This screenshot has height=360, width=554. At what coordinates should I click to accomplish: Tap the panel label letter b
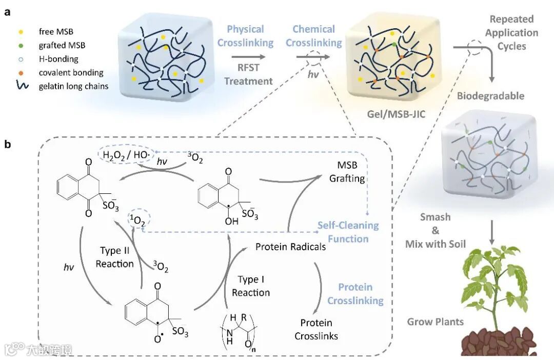point(8,144)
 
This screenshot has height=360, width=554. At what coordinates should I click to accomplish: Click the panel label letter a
point(8,12)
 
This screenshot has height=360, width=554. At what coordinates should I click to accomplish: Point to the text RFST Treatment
point(248,74)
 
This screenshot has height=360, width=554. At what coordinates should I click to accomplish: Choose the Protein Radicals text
point(290,247)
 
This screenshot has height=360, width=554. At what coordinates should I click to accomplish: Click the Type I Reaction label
point(250,286)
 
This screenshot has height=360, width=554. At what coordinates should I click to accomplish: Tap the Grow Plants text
point(436,322)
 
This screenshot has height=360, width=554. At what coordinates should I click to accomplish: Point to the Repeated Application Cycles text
point(512,32)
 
